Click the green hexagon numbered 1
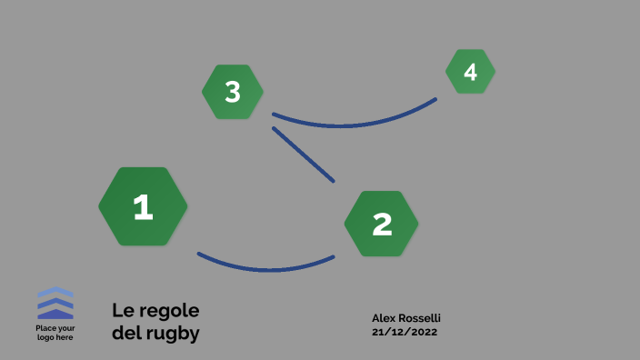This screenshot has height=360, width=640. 143,206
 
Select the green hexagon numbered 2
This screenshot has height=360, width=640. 382,224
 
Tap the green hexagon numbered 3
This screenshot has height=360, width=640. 233,92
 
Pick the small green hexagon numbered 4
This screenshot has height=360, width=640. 470,72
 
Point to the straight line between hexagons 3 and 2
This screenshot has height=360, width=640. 304,155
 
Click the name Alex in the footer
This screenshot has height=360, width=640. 385,318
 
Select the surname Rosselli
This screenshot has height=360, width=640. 422,318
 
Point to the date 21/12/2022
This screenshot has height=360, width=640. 405,332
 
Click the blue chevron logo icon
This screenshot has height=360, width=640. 55,303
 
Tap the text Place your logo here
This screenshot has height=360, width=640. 55,333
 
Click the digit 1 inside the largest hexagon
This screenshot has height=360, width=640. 143,207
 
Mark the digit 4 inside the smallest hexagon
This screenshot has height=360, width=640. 470,72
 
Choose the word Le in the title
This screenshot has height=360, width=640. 122,310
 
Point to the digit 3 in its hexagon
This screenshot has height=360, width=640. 233,92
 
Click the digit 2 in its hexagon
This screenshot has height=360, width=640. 382,224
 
